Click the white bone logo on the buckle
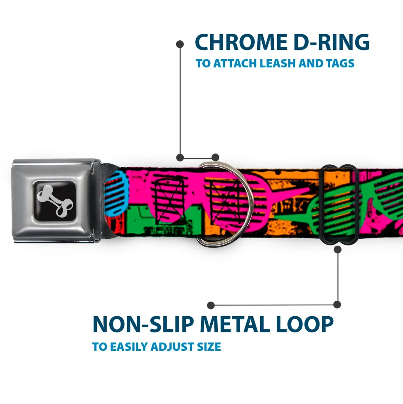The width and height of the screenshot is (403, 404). [x=55, y=201]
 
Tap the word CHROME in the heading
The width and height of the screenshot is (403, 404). [x=241, y=42]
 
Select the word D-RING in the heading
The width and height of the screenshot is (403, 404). [x=332, y=42]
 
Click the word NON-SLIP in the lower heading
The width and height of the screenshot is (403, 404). [x=143, y=324]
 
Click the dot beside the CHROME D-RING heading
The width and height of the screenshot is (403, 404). [x=180, y=45]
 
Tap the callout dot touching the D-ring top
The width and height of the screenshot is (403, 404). [x=215, y=157]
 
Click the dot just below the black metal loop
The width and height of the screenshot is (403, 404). [x=337, y=249]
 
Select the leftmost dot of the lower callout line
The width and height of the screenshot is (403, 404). [x=211, y=305]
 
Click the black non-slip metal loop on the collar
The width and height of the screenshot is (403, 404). [x=338, y=204]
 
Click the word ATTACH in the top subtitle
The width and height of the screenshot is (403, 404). [x=235, y=63]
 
